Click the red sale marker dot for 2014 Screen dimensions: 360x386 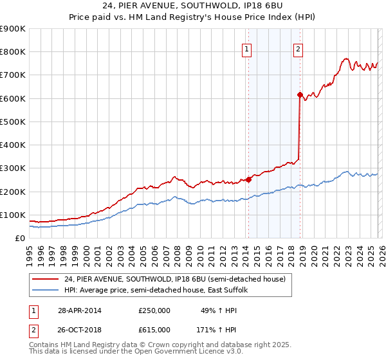(248, 180)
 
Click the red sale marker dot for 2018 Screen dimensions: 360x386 (300, 94)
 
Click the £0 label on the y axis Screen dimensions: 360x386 (21, 238)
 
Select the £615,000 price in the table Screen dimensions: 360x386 (154, 330)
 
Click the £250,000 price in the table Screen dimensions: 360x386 (154, 310)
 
